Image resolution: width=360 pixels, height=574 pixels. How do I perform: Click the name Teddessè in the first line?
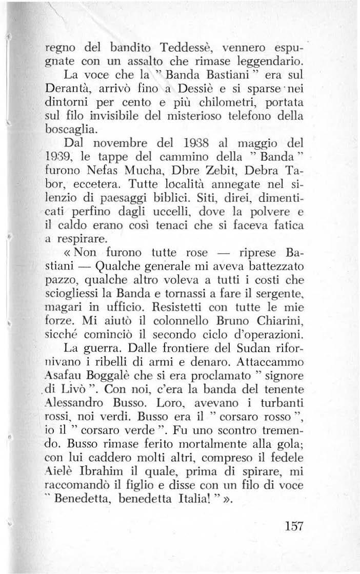point(184,52)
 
